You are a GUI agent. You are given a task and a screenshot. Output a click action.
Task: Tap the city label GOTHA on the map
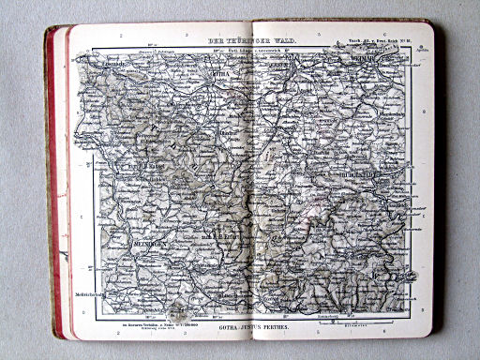(x=220, y=72)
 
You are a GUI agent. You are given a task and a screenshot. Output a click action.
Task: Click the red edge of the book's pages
(x=61, y=187)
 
